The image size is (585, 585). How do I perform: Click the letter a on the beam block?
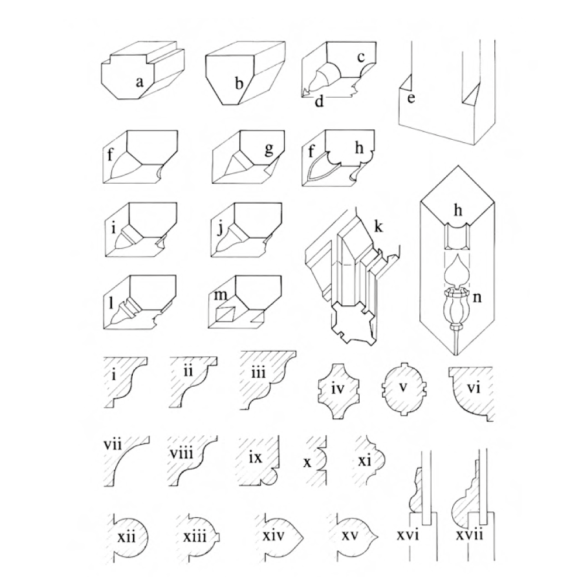(x=140, y=82)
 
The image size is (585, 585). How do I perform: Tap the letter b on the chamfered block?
(x=239, y=82)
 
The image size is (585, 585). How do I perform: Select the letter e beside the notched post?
(x=411, y=98)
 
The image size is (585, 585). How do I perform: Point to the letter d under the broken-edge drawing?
(x=319, y=101)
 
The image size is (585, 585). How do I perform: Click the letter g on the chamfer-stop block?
(x=269, y=149)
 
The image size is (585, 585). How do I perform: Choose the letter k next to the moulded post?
(x=378, y=226)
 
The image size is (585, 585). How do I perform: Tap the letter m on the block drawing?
(x=220, y=295)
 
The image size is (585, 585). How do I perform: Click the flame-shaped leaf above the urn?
(x=455, y=269)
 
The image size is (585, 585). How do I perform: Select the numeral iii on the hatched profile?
(x=258, y=372)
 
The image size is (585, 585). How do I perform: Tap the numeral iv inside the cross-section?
(x=338, y=389)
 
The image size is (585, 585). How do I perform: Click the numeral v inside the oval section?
(x=402, y=387)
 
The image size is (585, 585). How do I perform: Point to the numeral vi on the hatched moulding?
(x=473, y=388)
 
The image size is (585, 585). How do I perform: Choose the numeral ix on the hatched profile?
(x=256, y=457)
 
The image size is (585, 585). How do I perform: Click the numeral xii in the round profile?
(x=126, y=537)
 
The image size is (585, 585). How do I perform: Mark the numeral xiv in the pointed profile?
(x=273, y=536)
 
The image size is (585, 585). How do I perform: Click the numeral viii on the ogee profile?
(x=182, y=453)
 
